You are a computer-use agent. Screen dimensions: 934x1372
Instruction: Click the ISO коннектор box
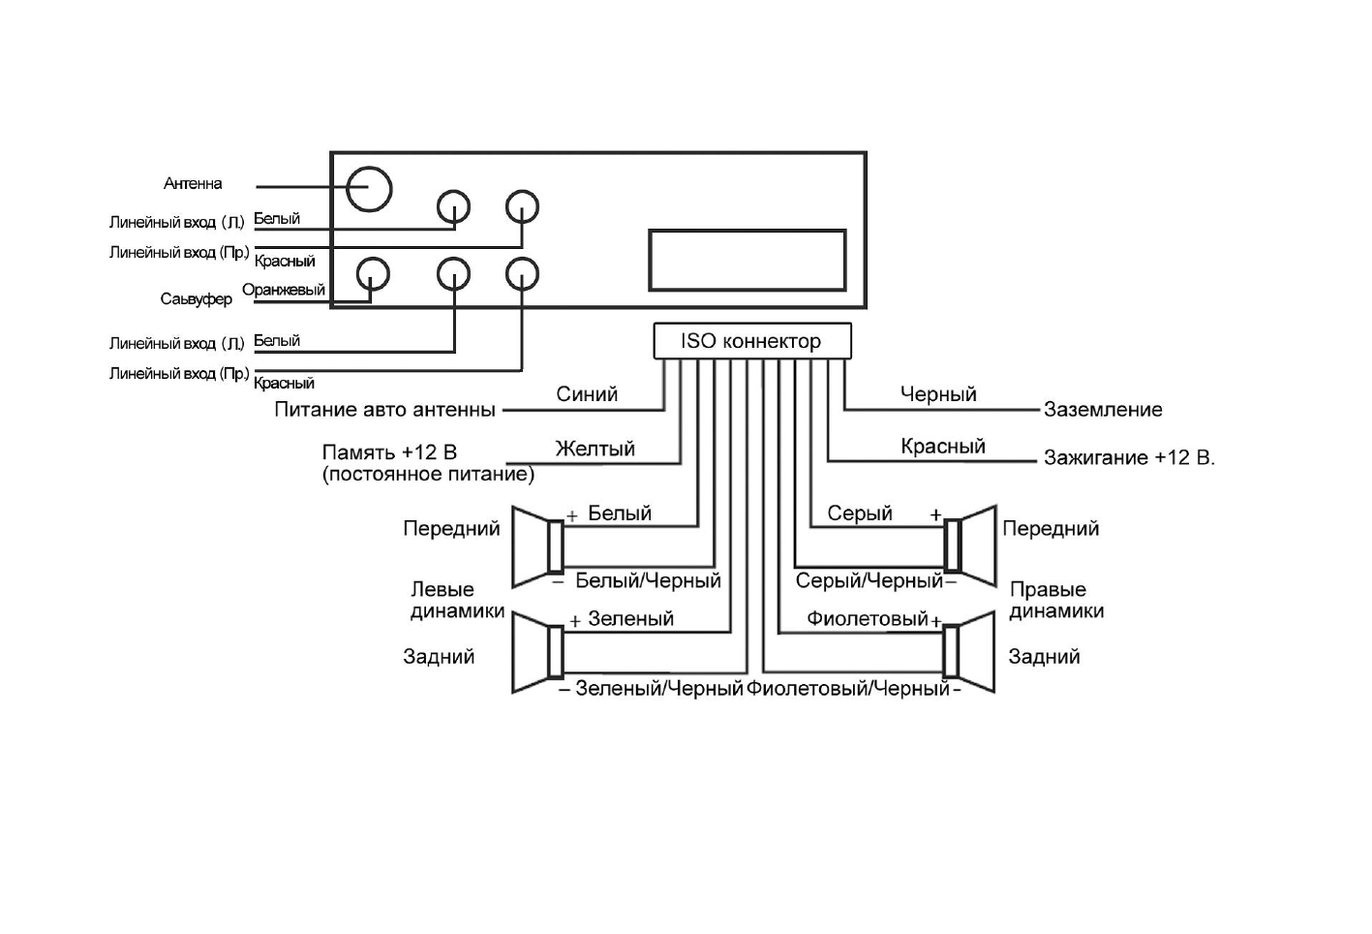751,341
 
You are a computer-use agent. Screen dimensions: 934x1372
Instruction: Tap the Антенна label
193,183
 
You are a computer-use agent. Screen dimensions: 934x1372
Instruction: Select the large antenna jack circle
369,188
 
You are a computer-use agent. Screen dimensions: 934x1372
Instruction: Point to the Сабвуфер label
197,299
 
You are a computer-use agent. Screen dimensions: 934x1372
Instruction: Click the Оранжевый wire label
284,290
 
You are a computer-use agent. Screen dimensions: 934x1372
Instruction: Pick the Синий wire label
587,394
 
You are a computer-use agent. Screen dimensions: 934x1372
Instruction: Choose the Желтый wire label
595,449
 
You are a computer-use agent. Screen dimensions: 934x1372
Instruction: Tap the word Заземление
1103,410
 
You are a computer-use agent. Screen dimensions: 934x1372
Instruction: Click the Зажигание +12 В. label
1129,457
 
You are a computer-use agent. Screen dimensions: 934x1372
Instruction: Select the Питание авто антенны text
384,410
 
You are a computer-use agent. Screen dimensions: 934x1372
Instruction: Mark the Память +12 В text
389,452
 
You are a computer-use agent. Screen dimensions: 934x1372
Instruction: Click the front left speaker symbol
538,546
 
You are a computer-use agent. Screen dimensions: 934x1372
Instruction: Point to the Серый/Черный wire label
869,581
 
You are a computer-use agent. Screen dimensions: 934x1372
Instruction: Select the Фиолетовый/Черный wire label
848,689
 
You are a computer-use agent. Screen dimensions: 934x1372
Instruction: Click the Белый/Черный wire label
648,581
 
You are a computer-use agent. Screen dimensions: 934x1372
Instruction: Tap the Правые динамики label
1056,601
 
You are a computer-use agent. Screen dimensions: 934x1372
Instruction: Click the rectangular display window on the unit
747,260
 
